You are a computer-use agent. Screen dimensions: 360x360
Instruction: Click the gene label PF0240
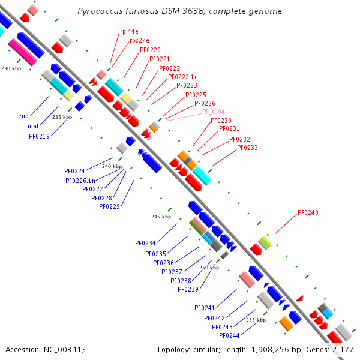click(x=308, y=212)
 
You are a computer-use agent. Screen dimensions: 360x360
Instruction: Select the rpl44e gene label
click(x=129, y=31)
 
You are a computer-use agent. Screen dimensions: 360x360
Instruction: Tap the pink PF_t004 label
click(x=213, y=112)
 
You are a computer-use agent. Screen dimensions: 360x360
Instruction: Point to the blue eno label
click(x=23, y=116)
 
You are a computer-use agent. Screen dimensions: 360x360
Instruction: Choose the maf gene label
click(x=33, y=126)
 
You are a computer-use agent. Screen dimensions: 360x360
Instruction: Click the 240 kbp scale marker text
click(x=112, y=166)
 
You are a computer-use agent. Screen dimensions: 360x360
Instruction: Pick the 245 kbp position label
click(x=161, y=217)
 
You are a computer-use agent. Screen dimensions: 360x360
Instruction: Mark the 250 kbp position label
click(x=209, y=268)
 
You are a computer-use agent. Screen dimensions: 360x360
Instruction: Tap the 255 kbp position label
click(x=256, y=320)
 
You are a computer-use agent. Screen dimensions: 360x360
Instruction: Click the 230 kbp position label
click(x=11, y=69)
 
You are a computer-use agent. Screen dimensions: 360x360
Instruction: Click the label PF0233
click(x=247, y=148)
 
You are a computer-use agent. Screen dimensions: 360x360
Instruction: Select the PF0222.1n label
click(x=183, y=77)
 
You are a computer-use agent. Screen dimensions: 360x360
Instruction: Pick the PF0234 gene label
click(x=145, y=243)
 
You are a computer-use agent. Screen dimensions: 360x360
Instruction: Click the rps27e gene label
click(x=140, y=41)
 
